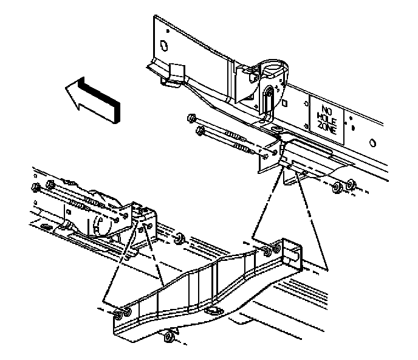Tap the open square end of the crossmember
[293, 256]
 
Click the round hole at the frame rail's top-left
[163, 44]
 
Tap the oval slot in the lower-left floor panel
[45, 226]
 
